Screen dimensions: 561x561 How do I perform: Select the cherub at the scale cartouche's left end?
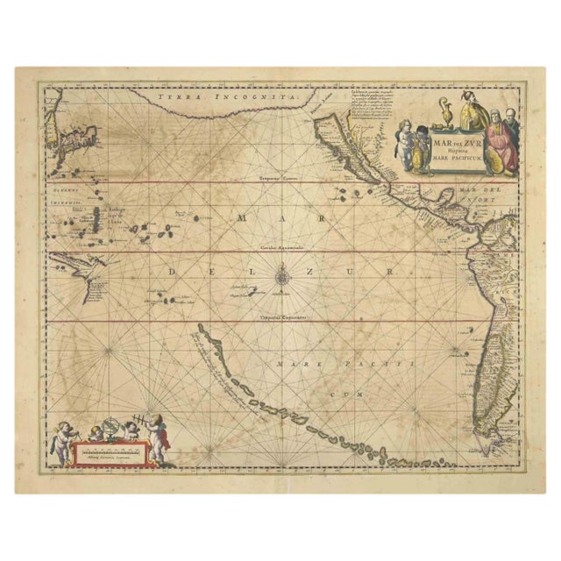(x=62, y=441)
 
